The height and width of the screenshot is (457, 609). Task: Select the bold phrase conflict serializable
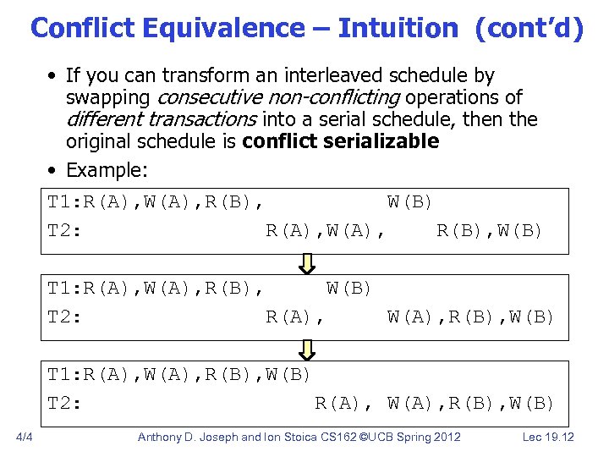tap(340, 141)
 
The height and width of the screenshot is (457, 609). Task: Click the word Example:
tap(107, 170)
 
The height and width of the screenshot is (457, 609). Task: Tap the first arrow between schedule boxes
tap(308, 264)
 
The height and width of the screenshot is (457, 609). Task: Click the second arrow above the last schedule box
tap(308, 350)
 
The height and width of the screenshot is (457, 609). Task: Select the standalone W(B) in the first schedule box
tap(410, 202)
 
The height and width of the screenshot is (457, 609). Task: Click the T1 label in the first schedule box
tap(64, 202)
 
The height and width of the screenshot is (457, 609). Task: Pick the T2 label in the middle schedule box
tap(64, 317)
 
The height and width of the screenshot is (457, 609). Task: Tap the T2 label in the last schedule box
tap(64, 403)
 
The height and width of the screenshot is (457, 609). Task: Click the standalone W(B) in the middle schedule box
tap(349, 289)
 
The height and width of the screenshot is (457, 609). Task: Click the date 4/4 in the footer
tap(24, 437)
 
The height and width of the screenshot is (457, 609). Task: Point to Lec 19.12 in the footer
tap(549, 437)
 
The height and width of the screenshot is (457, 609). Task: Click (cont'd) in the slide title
tap(529, 28)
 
